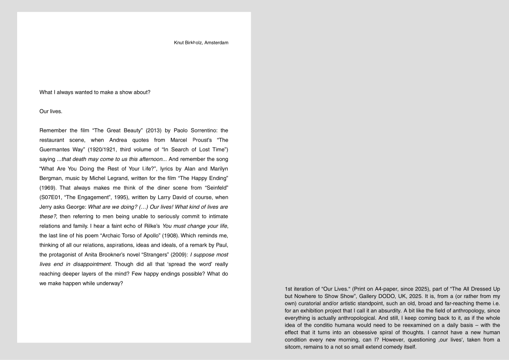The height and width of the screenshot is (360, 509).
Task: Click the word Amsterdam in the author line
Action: pyautogui.click(x=216, y=43)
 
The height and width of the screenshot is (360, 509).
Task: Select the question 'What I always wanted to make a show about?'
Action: pyautogui.click(x=95, y=92)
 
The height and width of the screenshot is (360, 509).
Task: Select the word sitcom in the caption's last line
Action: pyautogui.click(x=294, y=347)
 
